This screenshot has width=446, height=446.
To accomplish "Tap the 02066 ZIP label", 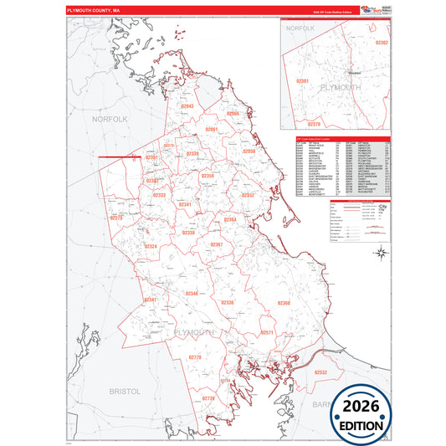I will pyautogui.click(x=233, y=114).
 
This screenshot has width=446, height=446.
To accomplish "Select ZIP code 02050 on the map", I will pyautogui.click(x=249, y=151).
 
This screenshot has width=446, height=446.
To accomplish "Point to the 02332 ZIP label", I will pyautogui.click(x=248, y=195).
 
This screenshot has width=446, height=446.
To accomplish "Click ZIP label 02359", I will pyautogui.click(x=208, y=177).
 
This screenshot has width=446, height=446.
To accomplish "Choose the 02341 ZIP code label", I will pyautogui.click(x=185, y=205).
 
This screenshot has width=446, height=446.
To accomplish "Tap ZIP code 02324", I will pyautogui.click(x=151, y=247).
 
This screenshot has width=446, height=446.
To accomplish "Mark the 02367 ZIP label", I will pyautogui.click(x=216, y=244).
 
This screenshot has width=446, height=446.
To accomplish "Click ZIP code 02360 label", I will pyautogui.click(x=284, y=303).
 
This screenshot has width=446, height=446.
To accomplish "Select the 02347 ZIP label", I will pyautogui.click(x=150, y=300).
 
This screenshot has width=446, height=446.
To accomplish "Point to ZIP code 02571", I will pyautogui.click(x=268, y=333).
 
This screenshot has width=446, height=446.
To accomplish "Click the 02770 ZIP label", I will pyautogui.click(x=195, y=357).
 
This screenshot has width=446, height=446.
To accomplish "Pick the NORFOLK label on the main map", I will pyautogui.click(x=109, y=120).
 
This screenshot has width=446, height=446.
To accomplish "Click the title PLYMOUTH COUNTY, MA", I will pyautogui.click(x=99, y=11).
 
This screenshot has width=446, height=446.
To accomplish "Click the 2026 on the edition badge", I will pyautogui.click(x=363, y=407).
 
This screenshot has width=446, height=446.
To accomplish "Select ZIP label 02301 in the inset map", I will pyautogui.click(x=303, y=81).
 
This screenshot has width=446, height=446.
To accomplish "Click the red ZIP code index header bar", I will pyautogui.click(x=341, y=138).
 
